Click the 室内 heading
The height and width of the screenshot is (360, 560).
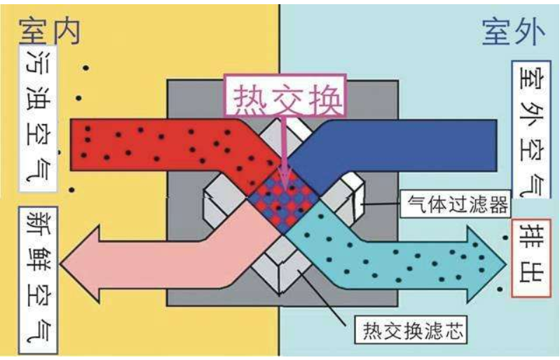50,32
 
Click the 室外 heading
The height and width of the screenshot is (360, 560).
514,32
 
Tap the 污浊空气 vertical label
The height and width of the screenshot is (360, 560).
39,118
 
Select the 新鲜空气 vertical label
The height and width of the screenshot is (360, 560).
39,280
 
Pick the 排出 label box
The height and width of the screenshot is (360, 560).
531,258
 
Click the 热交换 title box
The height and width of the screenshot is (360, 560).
286,95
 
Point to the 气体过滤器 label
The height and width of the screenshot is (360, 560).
456,204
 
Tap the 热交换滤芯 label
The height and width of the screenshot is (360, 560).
411,330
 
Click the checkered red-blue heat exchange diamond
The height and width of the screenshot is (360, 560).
284,201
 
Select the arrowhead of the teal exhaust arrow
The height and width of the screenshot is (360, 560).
487,264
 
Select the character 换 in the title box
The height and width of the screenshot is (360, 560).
323,97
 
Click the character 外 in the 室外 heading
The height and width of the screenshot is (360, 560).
531,32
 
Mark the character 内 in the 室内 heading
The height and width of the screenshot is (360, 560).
66,32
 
